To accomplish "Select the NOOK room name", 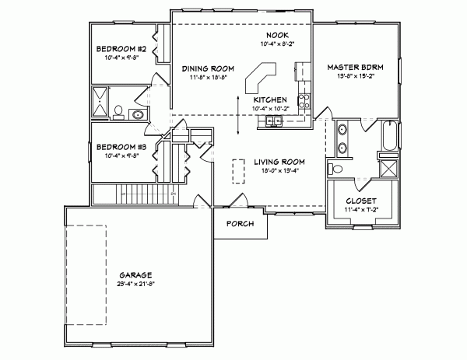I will coord(276,36).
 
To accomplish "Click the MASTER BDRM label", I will coord(357,68).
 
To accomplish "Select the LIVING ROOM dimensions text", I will coord(278,171).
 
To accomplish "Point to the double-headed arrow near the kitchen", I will coord(239,114).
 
